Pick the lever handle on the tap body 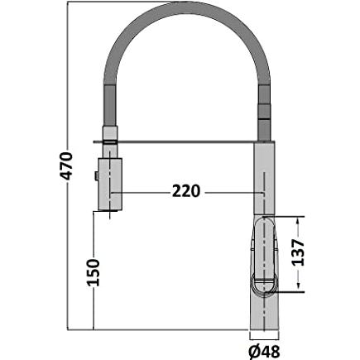(263, 252)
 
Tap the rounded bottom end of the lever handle (265, 286)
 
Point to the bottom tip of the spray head (111, 209)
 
